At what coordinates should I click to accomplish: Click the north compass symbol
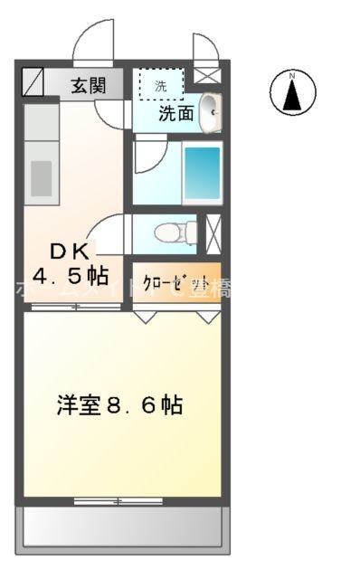tap(292, 91)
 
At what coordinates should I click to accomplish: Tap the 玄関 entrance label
tap(90, 86)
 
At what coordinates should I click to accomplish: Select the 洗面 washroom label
tap(177, 115)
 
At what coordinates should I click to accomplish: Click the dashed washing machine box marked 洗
tap(161, 85)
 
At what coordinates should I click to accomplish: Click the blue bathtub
tap(202, 171)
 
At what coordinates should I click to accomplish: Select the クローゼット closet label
tap(176, 280)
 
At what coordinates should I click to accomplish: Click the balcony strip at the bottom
tap(122, 526)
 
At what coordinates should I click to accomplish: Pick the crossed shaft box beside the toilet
tap(214, 232)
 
